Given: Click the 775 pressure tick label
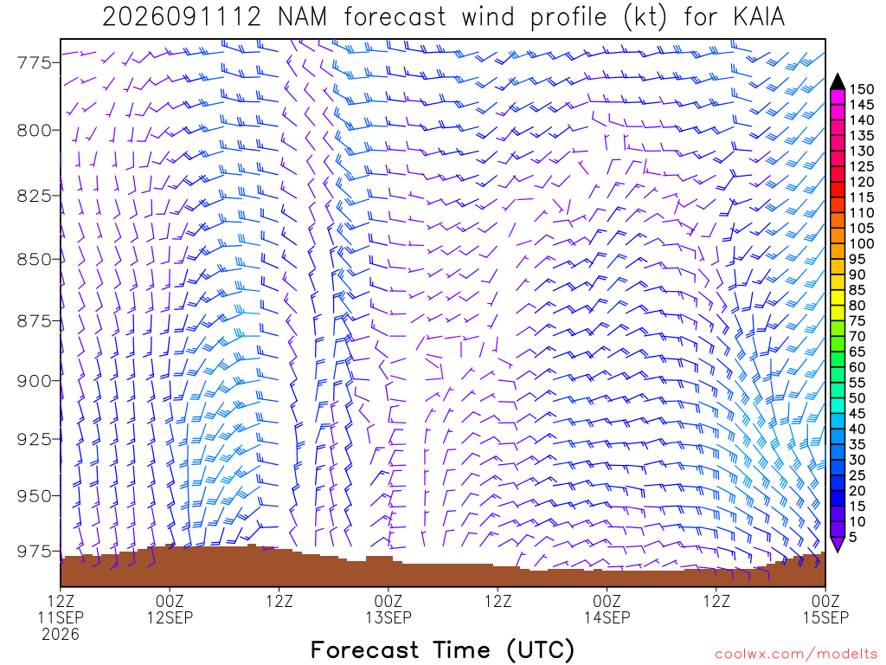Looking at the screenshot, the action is click(34, 62).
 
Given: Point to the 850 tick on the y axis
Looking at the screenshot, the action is click(34, 260).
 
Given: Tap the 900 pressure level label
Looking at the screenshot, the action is click(34, 381).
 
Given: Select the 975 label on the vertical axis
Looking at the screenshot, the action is click(34, 552).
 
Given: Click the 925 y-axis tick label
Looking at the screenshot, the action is click(34, 439).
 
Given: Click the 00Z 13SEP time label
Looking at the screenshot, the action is click(388, 609).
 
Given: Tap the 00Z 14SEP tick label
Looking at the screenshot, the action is click(607, 609).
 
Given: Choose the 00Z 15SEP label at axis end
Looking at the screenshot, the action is click(825, 609).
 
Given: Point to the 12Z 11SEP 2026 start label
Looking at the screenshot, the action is click(61, 617).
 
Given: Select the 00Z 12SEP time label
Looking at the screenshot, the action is click(170, 609).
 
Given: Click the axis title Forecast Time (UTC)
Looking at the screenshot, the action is click(442, 649).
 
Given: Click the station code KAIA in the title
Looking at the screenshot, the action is click(760, 17).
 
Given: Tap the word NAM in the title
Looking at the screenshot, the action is click(302, 17).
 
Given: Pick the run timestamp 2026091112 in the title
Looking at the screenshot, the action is click(182, 17).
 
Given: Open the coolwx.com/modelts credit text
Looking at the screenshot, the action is click(796, 655).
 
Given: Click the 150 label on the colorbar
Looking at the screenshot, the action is click(861, 89).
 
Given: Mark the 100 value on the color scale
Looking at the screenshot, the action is click(861, 243).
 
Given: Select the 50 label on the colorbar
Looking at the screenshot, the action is click(857, 398).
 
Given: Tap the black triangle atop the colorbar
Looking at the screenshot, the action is click(838, 81).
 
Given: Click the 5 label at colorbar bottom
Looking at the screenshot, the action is click(852, 537).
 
